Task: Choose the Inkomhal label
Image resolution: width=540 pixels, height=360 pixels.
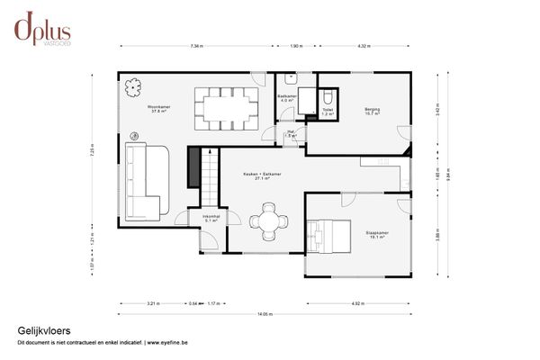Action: [x=211, y=217]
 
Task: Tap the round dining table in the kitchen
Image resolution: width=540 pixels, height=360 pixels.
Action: [x=268, y=222]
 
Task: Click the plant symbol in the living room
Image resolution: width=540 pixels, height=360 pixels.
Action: [x=134, y=87]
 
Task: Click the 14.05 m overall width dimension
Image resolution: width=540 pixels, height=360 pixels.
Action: [x=264, y=314]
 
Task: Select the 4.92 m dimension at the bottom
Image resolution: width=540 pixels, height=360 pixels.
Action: [x=357, y=303]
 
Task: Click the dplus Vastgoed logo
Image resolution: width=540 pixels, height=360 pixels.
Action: [x=42, y=29]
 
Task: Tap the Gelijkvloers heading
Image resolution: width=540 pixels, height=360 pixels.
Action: [x=43, y=331]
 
